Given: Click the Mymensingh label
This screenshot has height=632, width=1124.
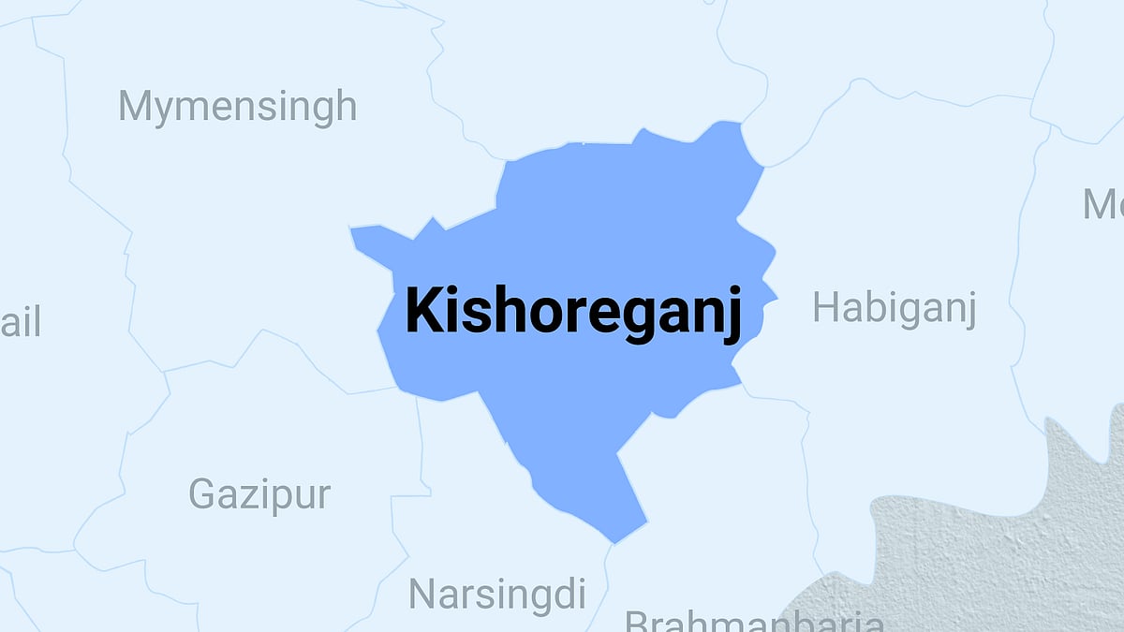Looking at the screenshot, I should [237, 107].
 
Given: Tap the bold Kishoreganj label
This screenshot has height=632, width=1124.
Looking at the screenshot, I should [573, 312].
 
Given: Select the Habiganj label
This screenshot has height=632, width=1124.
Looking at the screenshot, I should [894, 308].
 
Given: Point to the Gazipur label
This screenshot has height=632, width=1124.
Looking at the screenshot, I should [259, 493].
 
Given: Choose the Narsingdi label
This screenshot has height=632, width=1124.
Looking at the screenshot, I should [496, 594].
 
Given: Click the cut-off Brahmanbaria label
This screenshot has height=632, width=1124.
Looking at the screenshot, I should [754, 622].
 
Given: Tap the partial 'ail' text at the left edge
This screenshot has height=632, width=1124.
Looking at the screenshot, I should [20, 324].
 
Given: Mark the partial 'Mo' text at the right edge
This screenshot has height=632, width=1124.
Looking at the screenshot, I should [1103, 203].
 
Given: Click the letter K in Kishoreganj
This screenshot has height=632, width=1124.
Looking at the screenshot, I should [421, 312].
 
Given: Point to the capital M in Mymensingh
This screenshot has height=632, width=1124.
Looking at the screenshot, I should [137, 106].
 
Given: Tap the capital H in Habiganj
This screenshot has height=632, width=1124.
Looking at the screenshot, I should [828, 307].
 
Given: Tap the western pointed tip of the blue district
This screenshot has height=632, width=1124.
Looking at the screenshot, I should [352, 228].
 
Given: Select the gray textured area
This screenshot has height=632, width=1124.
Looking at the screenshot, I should [993, 552].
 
